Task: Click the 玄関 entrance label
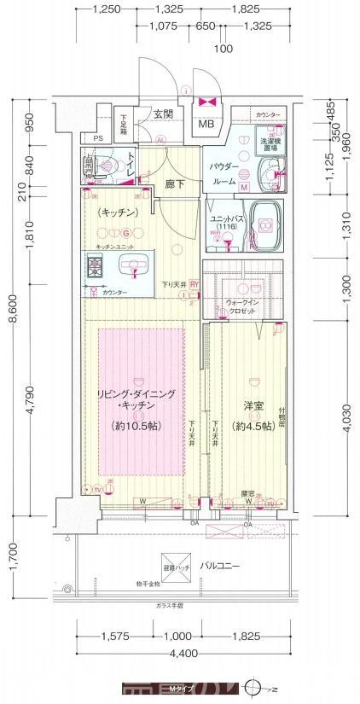165,113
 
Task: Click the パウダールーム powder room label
224,175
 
